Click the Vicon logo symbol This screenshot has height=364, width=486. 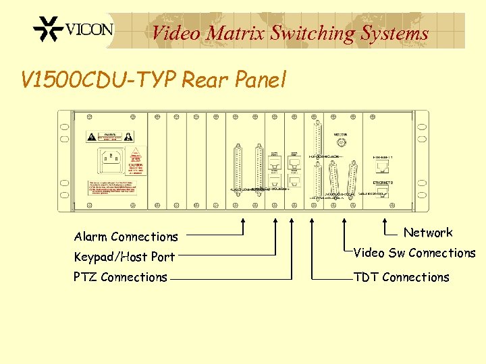49,30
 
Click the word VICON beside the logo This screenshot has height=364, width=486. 89,30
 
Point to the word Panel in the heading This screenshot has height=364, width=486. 260,81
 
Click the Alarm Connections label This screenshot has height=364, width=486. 126,237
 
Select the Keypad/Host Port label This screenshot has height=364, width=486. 124,257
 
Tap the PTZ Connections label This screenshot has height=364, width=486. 121,277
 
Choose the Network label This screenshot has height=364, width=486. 428,233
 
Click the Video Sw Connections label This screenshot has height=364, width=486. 414,253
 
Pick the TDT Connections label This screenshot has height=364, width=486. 402,277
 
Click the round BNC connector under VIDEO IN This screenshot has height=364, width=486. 342,144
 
